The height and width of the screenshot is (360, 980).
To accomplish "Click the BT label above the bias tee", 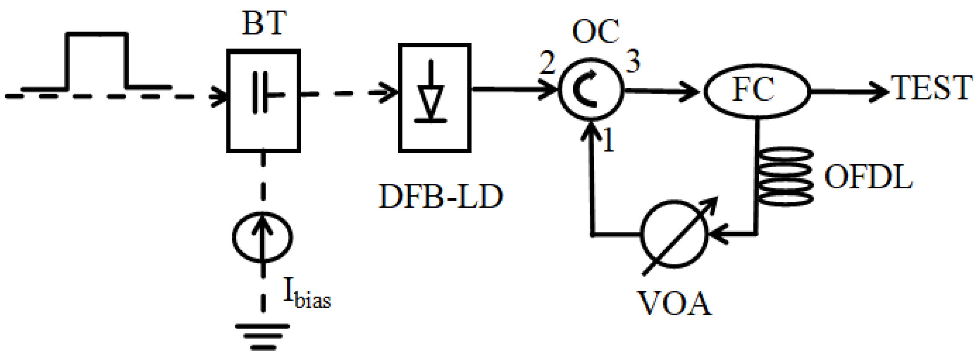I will tap(264, 24).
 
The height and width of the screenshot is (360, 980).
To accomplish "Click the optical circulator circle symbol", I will tap(591, 89).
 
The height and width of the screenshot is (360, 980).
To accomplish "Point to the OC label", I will tap(595, 32).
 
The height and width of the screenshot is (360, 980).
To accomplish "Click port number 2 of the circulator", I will tap(547, 63).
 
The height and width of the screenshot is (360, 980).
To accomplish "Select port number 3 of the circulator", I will tap(633, 62).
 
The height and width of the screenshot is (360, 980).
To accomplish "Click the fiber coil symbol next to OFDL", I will tap(785, 177).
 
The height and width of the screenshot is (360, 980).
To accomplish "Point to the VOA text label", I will tap(674, 304).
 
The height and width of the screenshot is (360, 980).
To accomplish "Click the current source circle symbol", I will tap(262, 237).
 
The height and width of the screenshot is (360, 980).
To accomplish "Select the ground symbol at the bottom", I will tap(262, 337).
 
